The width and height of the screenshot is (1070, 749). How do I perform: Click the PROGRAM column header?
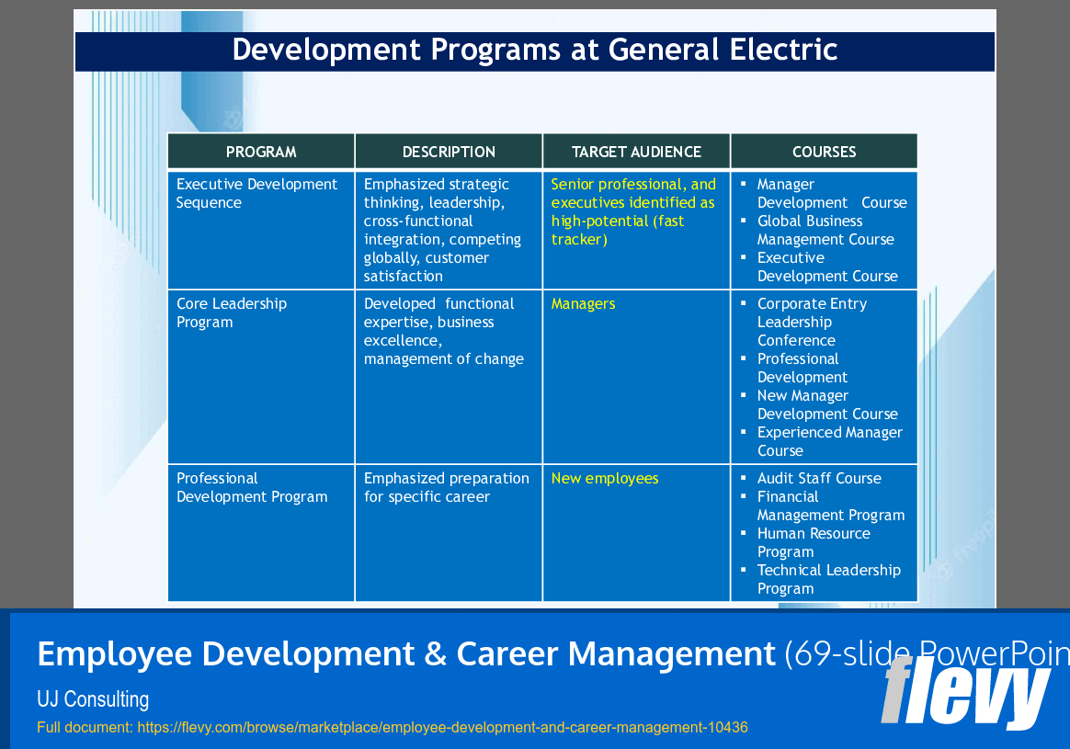(x=261, y=152)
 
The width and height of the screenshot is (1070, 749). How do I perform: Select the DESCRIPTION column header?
(x=449, y=152)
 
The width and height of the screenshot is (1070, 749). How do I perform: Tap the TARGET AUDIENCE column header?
(x=636, y=152)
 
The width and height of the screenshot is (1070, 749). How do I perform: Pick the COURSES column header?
(x=824, y=152)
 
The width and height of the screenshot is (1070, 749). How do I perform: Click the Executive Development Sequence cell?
(x=257, y=194)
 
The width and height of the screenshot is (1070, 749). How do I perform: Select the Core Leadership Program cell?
(x=232, y=313)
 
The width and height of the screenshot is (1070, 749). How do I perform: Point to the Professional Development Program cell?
(x=252, y=488)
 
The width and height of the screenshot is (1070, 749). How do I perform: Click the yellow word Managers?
(x=583, y=304)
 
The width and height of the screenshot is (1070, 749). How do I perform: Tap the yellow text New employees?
(x=605, y=479)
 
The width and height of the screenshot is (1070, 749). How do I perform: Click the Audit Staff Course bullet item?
(x=819, y=479)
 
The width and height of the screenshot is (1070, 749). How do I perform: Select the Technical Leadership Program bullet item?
(x=828, y=579)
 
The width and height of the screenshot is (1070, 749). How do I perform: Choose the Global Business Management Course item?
(x=825, y=231)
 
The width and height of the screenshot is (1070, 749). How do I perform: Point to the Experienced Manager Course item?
(x=829, y=441)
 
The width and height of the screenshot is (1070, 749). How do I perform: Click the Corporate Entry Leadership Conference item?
(x=812, y=322)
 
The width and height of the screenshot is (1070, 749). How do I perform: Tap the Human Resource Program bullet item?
(x=814, y=542)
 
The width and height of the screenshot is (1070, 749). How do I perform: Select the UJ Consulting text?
(x=93, y=699)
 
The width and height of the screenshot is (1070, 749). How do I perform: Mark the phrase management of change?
(x=444, y=359)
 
